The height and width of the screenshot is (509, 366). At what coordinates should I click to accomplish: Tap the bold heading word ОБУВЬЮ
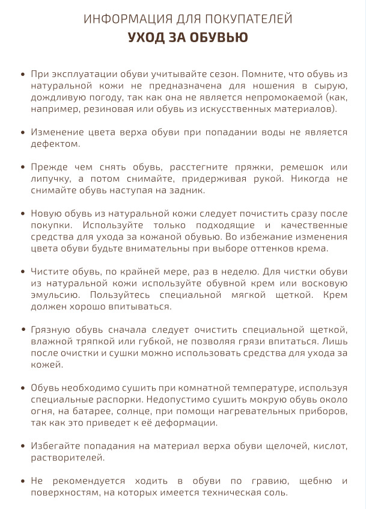click(x=216, y=37)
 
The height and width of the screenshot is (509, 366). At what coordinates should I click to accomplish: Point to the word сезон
click(x=224, y=74)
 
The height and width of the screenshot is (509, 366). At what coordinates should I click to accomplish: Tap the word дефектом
click(x=53, y=144)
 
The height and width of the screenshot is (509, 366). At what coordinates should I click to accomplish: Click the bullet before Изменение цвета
click(x=23, y=132)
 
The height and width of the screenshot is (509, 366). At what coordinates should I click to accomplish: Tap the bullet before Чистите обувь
click(x=23, y=271)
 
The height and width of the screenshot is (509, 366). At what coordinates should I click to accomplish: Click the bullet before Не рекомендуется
click(x=23, y=481)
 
